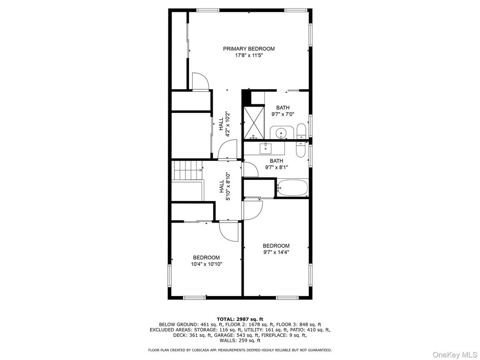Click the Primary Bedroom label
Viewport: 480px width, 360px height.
pos(249,49)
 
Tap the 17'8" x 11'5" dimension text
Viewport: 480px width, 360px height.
pos(249,56)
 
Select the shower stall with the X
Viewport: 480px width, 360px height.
pos(254,122)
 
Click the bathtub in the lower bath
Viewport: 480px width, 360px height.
pos(292,188)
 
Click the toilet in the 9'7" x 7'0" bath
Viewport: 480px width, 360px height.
pos(301,131)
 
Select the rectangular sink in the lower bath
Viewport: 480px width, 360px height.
pos(266,148)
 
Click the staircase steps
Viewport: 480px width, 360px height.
pos(188,170)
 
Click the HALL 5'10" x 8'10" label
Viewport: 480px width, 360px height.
pos(224,186)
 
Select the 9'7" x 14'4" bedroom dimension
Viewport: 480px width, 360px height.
pos(276,252)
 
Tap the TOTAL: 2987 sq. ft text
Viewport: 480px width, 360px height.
pos(240,319)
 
